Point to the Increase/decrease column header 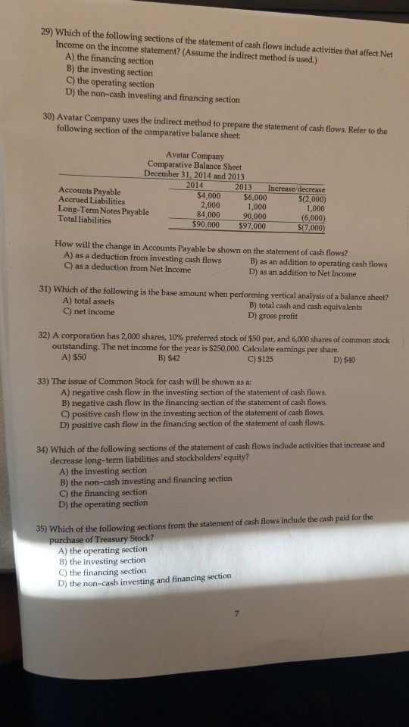pyautogui.click(x=296, y=189)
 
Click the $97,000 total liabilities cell pyautogui.click(x=251, y=225)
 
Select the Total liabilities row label pyautogui.click(x=84, y=220)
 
